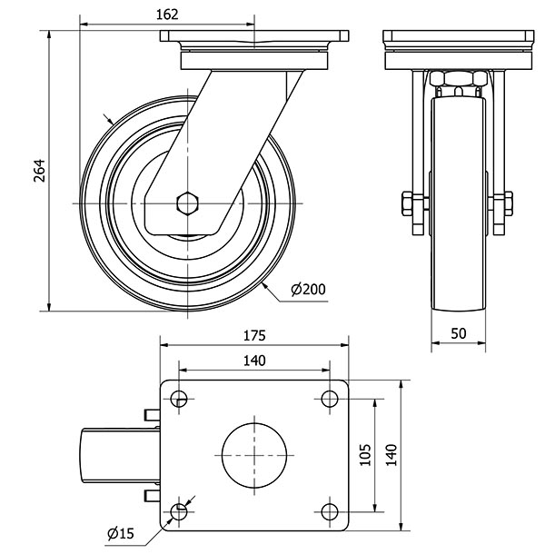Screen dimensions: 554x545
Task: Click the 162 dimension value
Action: click(167, 14)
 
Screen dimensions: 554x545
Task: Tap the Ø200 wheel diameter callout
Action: click(308, 290)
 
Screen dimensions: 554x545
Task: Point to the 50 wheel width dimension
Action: click(458, 333)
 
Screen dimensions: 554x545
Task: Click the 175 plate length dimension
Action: click(254, 334)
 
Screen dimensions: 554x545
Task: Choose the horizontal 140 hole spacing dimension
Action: click(254, 361)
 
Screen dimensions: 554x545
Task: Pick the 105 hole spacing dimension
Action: click(363, 455)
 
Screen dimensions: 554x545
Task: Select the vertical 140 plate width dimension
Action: click(391, 455)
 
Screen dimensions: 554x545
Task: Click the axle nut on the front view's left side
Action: click(405, 202)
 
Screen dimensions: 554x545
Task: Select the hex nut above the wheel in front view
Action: click(457, 83)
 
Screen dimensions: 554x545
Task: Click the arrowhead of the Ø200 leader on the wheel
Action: click(263, 282)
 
